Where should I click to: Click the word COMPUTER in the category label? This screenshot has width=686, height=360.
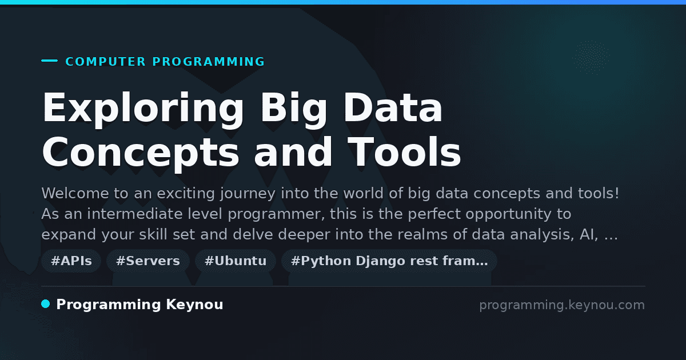coord(105,62)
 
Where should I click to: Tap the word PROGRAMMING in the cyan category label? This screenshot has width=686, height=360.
coord(208,62)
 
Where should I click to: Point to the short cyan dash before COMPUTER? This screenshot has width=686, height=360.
coord(49,61)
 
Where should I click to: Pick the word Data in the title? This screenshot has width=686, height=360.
coord(393,107)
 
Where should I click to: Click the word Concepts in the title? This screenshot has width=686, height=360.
coord(140,154)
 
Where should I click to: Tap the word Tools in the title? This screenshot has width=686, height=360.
coord(404,152)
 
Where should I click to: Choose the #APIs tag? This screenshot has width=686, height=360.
coord(71,261)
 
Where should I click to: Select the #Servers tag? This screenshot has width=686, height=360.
coord(148,261)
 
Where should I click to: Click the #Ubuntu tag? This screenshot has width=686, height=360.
coord(235,261)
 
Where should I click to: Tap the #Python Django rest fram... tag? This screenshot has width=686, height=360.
coord(389,261)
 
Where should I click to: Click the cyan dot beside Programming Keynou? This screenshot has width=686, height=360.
coord(46,304)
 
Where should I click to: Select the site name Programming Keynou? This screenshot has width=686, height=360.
coord(139,305)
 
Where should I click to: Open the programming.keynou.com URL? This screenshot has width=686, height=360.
coord(562,305)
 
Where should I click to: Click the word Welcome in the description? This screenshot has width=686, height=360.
coord(75,194)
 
